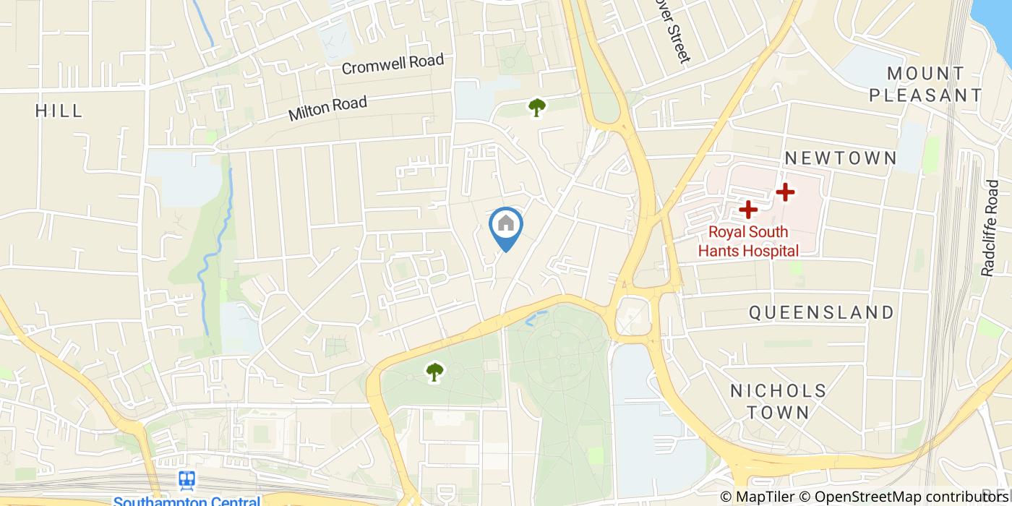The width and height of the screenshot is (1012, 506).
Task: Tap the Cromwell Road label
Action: [x=393, y=64]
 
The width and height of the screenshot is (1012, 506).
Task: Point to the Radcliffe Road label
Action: [x=989, y=228]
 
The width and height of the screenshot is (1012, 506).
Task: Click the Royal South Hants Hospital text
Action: [x=747, y=241]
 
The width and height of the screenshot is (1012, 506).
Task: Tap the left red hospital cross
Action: [x=747, y=210]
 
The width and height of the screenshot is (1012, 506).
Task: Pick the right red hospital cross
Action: [x=785, y=192]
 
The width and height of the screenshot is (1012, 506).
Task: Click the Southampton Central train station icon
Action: [x=187, y=480]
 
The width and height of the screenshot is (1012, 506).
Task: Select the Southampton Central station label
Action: [x=186, y=501]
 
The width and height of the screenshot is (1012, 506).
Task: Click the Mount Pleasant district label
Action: [x=926, y=84]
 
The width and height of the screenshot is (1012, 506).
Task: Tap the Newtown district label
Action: [x=841, y=158]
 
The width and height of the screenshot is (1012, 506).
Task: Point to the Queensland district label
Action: [x=821, y=312]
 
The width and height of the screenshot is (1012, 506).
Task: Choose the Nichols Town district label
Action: [x=778, y=402]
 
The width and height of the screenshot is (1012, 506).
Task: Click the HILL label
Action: [x=59, y=111]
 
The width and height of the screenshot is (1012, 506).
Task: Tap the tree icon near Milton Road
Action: [x=536, y=108]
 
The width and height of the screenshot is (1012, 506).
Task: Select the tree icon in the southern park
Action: [x=434, y=372]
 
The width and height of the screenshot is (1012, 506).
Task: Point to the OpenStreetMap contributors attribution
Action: [x=913, y=497]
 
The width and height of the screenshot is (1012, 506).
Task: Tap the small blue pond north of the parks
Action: [x=536, y=316]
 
